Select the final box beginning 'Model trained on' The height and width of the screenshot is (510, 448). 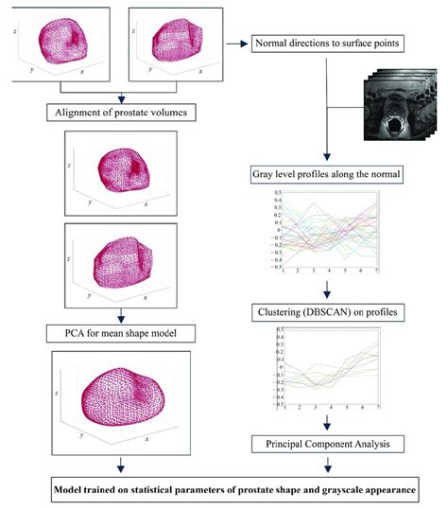(224, 487)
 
